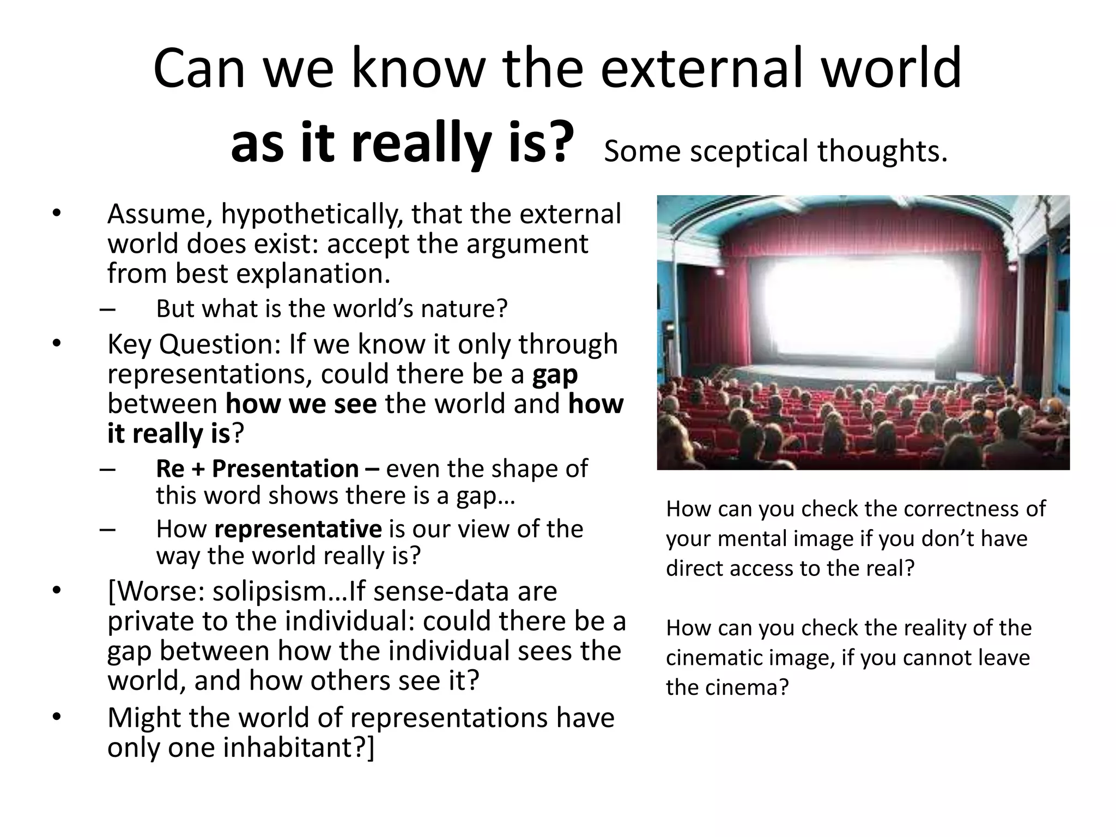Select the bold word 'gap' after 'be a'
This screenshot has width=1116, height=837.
(x=555, y=374)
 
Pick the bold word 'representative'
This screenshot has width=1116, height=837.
(x=298, y=529)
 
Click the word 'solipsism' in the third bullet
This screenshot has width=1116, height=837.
(x=271, y=592)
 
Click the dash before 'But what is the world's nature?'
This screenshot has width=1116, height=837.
(x=108, y=310)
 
